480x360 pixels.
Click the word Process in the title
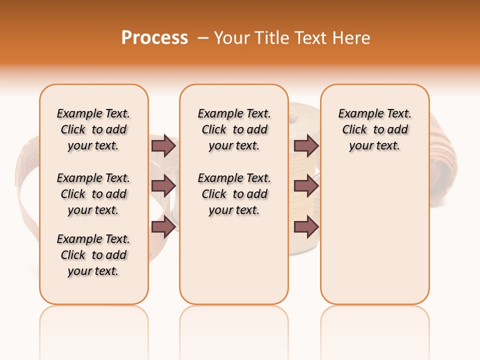(x=154, y=38)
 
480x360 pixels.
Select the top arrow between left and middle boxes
(x=163, y=145)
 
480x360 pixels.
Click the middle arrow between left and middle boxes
(x=163, y=185)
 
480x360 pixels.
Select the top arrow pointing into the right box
(x=306, y=145)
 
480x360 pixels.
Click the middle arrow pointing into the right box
(x=306, y=185)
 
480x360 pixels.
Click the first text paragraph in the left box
(x=93, y=129)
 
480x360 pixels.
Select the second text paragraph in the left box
(x=93, y=194)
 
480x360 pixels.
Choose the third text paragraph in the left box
(x=93, y=255)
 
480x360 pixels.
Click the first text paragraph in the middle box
(x=234, y=129)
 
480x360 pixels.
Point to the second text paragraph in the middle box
(x=234, y=194)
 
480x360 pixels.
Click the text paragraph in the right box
(x=375, y=129)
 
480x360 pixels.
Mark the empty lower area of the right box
(x=375, y=235)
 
